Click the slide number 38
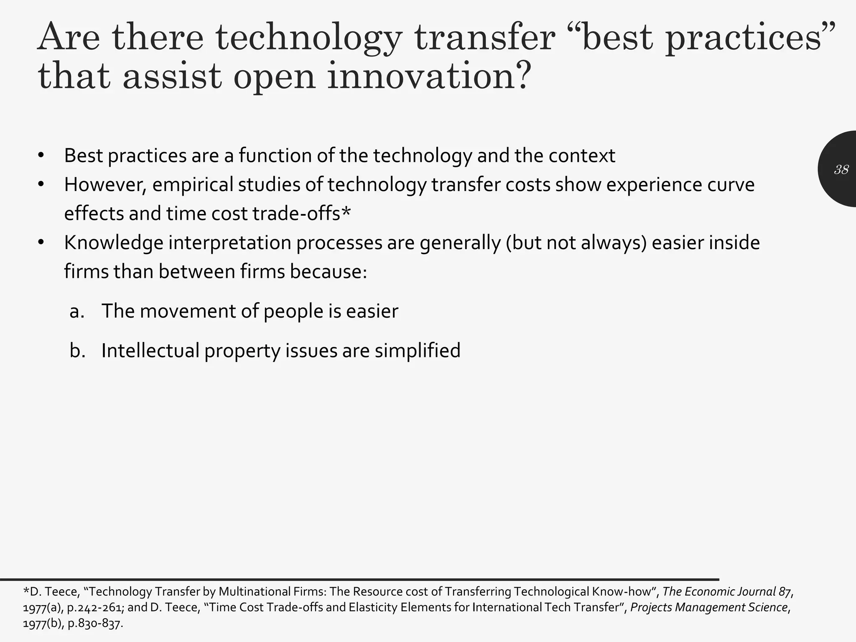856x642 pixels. pyautogui.click(x=841, y=169)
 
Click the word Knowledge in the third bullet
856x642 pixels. pyautogui.click(x=113, y=243)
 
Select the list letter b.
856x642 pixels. pyautogui.click(x=77, y=350)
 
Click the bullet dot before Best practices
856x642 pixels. pyautogui.click(x=41, y=156)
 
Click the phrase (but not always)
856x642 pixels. pyautogui.click(x=576, y=243)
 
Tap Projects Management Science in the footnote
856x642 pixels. pyautogui.click(x=709, y=607)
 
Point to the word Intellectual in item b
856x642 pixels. pyautogui.click(x=150, y=350)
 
